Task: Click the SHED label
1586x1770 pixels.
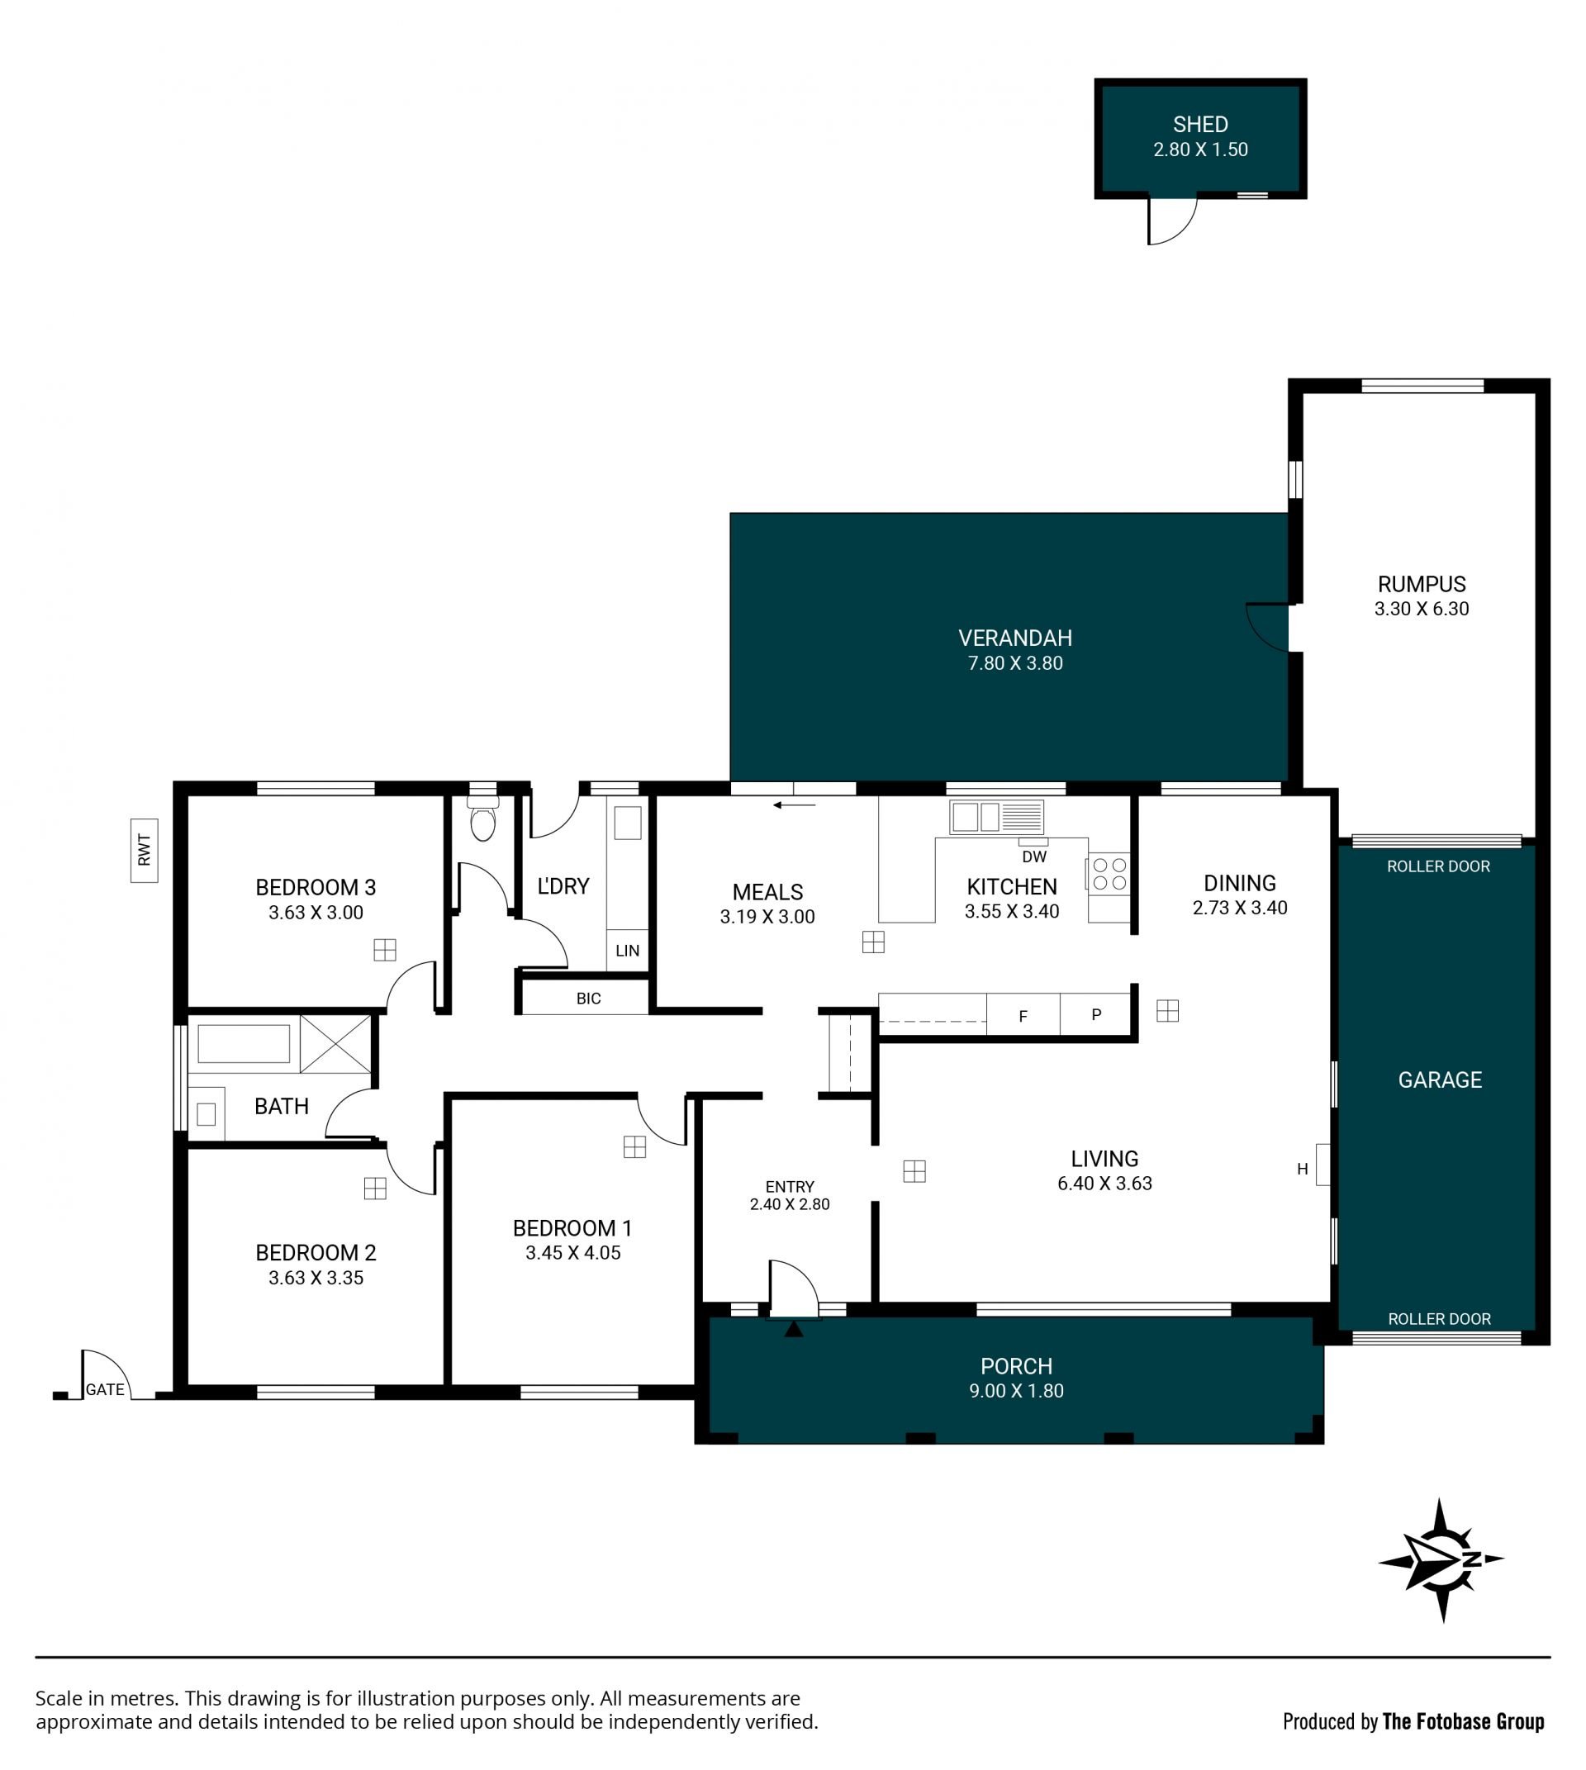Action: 1200,125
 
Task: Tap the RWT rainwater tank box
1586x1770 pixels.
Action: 145,850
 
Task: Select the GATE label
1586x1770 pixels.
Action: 105,1389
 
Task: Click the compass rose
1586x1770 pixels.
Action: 1441,1560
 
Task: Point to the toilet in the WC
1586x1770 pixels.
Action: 482,817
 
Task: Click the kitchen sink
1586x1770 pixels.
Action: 996,818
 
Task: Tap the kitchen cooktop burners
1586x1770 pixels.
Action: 1109,874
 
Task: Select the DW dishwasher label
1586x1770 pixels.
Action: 1034,857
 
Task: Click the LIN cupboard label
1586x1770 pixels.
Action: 628,951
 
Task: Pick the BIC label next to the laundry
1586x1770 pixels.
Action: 588,999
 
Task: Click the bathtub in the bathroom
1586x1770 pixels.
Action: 244,1043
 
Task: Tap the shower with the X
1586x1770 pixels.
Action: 335,1043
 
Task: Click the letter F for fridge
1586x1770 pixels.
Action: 1023,1016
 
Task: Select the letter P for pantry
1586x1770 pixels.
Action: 1096,1014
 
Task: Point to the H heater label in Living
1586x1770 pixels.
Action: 1302,1170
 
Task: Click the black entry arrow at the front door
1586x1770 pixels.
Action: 794,1329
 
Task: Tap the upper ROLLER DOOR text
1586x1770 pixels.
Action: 1439,866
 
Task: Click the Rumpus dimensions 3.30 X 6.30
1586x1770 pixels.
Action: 1422,610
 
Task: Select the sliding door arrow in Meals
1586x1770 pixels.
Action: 794,805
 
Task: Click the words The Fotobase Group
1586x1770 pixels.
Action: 1463,1722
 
